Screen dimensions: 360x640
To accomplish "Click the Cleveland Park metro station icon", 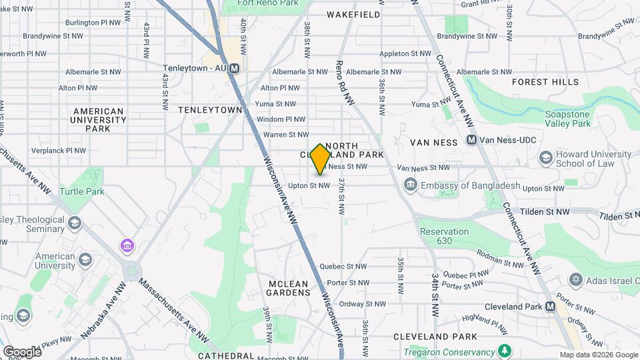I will click(x=550, y=307).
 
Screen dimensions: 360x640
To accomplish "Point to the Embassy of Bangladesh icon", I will click(x=410, y=184).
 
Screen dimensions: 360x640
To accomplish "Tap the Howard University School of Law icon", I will click(x=546, y=157).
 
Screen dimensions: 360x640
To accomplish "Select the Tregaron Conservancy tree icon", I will click(x=505, y=351).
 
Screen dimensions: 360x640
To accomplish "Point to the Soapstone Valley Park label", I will click(x=567, y=119).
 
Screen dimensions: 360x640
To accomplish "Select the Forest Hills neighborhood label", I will click(x=545, y=82).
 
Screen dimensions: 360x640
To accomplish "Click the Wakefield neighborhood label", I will click(x=353, y=14).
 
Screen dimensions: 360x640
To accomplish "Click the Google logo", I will click(x=22, y=351).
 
